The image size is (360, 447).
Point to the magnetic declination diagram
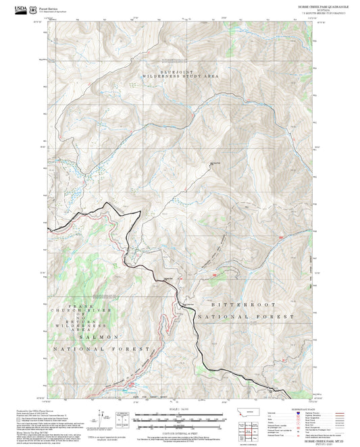click(x=124, y=415)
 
